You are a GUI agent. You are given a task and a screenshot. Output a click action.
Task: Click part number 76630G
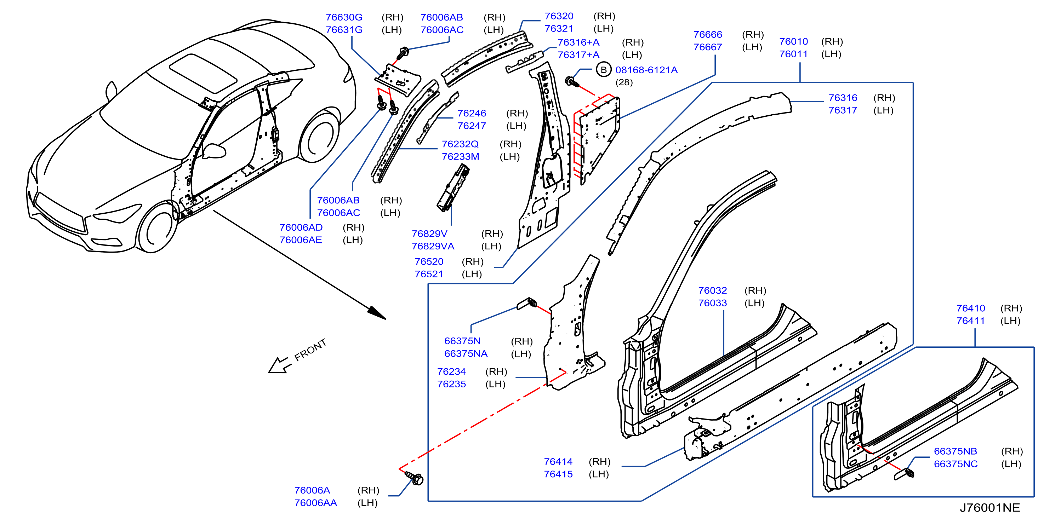pos(344,17)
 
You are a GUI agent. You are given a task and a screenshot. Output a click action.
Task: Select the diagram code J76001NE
pos(990,508)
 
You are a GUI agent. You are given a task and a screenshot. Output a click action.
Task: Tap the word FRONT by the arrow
pos(310,350)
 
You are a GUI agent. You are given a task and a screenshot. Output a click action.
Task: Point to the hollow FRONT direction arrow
pos(280,365)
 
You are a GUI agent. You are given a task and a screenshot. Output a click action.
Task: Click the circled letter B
pos(603,70)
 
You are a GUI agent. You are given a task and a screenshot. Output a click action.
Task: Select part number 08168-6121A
pos(646,70)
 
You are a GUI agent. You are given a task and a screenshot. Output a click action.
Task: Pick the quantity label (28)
pos(624,82)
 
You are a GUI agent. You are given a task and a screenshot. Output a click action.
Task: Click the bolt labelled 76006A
pos(414,479)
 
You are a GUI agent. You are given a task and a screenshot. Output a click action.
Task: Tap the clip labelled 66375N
pos(527,304)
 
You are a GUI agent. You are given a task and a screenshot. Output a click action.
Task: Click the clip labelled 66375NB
pos(904,474)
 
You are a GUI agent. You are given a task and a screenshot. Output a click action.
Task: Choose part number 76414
pos(558,462)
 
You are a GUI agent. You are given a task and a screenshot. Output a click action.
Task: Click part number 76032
pos(713,290)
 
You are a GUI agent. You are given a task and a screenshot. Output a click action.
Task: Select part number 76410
pos(970,308)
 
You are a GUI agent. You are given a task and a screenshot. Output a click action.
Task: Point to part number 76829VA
pos(433,246)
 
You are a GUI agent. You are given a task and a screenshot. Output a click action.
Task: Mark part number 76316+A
pos(578,42)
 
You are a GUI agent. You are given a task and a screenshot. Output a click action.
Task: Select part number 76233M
pos(461,157)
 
